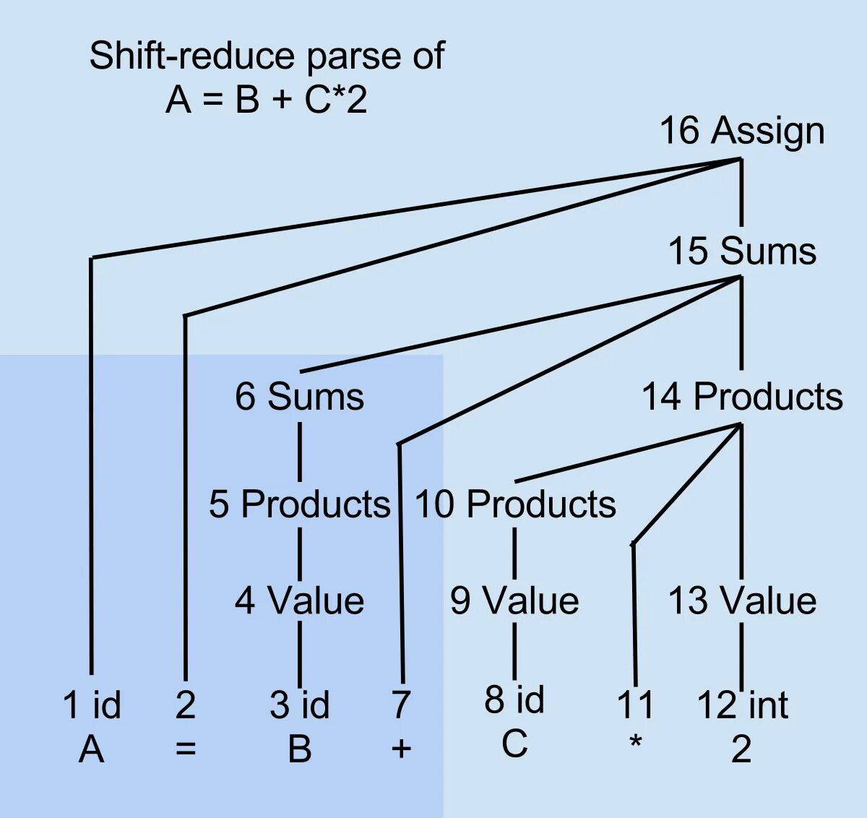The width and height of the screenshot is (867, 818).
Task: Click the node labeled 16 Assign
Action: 742,132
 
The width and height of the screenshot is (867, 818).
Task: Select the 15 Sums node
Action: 742,251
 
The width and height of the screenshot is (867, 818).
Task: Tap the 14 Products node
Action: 742,397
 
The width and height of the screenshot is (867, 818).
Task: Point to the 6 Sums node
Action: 299,397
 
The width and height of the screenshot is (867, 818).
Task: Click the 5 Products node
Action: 299,504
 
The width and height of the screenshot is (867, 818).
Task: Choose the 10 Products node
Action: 515,504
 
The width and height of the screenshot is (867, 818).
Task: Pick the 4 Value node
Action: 299,600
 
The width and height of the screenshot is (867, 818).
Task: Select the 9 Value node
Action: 514,600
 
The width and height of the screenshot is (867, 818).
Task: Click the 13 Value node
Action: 742,600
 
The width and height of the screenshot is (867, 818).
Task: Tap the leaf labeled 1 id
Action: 92,705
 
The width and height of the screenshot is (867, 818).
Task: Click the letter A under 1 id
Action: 92,749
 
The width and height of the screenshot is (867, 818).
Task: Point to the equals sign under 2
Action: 186,749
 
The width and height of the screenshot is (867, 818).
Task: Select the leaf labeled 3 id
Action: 299,705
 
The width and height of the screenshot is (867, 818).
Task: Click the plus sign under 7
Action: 401,749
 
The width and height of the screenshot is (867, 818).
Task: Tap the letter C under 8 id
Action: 514,744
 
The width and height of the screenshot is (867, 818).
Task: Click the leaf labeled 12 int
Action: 742,705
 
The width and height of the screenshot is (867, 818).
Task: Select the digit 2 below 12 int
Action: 741,749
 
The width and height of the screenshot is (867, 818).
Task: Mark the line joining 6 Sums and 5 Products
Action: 300,452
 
